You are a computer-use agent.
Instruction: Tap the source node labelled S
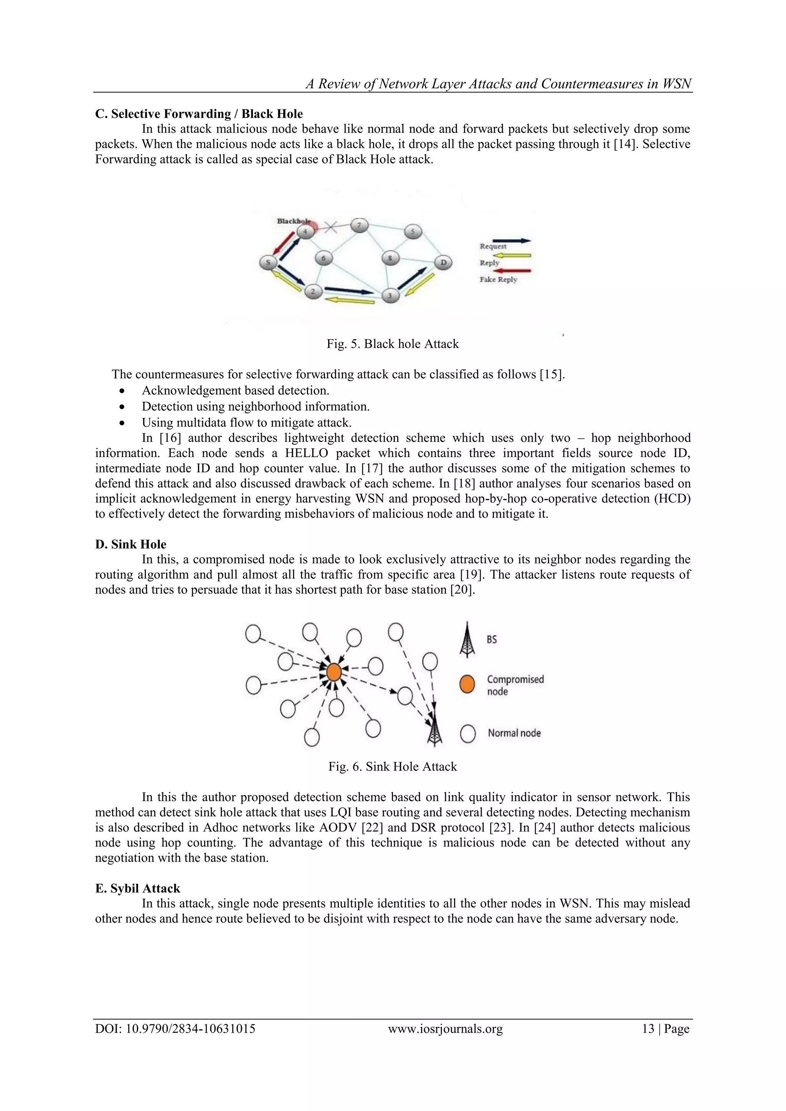[x=268, y=262]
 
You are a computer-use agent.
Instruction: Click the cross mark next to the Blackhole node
[x=331, y=226]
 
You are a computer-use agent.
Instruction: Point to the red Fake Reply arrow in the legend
[x=512, y=271]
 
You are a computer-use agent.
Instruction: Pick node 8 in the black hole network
[x=390, y=258]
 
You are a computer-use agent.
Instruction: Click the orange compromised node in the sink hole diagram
[x=334, y=672]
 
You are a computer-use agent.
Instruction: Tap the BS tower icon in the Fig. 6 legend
[x=467, y=640]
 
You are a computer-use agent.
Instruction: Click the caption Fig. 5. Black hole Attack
[x=393, y=344]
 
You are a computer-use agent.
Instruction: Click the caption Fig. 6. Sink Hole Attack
[x=393, y=766]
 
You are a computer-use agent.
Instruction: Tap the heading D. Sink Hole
[x=130, y=544]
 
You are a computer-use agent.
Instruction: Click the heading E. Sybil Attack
[x=137, y=888]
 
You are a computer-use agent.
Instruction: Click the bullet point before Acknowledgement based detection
[x=122, y=391]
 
